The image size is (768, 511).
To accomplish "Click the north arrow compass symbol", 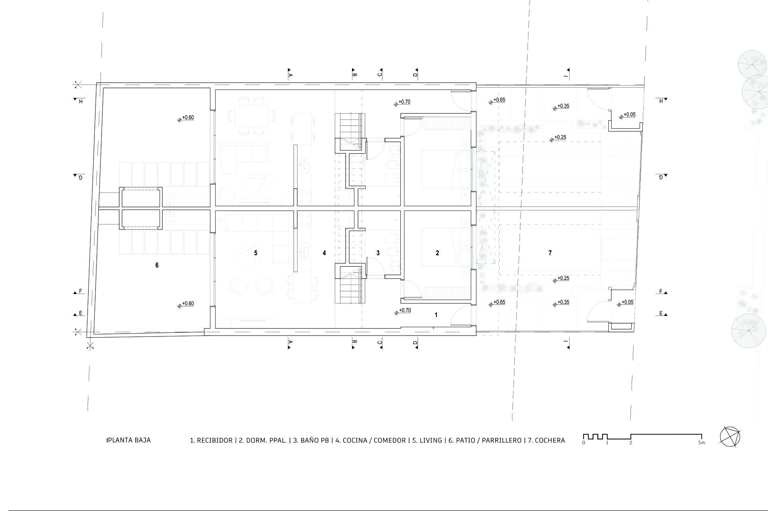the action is pyautogui.click(x=730, y=437).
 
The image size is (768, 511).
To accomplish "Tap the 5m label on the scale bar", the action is pyautogui.click(x=702, y=443).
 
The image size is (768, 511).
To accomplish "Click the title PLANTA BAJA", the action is pyautogui.click(x=129, y=440).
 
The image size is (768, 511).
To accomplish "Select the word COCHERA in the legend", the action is pyautogui.click(x=550, y=440).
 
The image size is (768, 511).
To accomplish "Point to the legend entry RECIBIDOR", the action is pyautogui.click(x=215, y=440).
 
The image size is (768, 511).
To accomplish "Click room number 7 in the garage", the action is pyautogui.click(x=550, y=253).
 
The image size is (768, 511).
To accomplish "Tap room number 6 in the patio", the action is pyautogui.click(x=157, y=265).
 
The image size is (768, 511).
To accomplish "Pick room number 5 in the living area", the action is pyautogui.click(x=256, y=253).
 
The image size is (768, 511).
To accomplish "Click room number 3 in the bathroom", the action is pyautogui.click(x=378, y=253).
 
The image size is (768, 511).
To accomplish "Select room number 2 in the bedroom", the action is pyautogui.click(x=437, y=253).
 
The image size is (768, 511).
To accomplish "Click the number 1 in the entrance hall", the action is pyautogui.click(x=436, y=315).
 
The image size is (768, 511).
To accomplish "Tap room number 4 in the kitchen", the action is pyautogui.click(x=324, y=253).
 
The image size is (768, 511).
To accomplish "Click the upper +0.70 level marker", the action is pyautogui.click(x=402, y=102).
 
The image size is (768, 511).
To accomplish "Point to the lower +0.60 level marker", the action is pyautogui.click(x=186, y=304).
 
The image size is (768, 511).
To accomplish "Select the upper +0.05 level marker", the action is pyautogui.click(x=627, y=115).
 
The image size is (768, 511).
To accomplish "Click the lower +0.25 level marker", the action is pyautogui.click(x=561, y=279).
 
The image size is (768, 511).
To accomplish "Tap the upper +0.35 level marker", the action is pyautogui.click(x=561, y=107).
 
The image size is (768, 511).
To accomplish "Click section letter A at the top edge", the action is pyautogui.click(x=291, y=75).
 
